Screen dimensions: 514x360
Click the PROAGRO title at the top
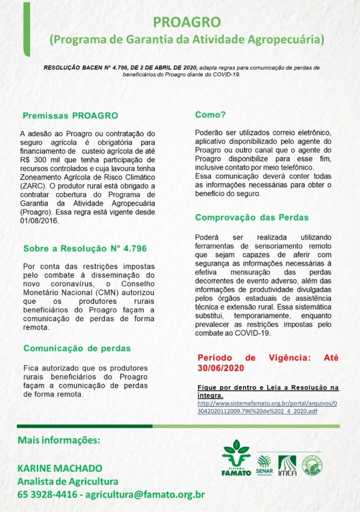[186, 22]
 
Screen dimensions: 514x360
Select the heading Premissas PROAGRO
[70, 116]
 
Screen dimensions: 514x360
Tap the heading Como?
[210, 115]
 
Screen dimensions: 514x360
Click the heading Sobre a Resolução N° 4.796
[85, 248]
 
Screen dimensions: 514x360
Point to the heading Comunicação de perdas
[77, 348]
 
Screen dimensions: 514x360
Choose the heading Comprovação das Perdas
[252, 217]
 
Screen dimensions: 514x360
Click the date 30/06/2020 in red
[221, 368]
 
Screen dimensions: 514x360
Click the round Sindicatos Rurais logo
[312, 465]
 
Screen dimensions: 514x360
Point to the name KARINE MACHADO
[60, 468]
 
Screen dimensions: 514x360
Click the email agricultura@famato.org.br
[145, 494]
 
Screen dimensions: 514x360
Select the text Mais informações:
[59, 440]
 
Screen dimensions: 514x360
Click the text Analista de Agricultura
[68, 481]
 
